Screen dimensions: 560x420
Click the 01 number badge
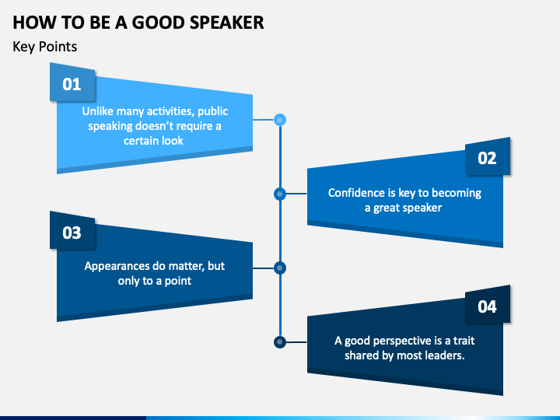pos(72,82)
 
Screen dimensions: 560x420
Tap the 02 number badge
pos(488,156)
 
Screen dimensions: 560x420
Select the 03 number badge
pos(72,231)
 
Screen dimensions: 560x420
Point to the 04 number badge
pos(488,305)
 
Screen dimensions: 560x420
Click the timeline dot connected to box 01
pos(280,120)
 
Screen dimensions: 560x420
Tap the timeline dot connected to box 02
pos(280,194)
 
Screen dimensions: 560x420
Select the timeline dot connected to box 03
pos(280,268)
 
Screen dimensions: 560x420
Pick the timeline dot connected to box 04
pos(280,342)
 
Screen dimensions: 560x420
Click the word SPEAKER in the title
pos(227,23)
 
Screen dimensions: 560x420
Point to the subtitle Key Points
pos(44,47)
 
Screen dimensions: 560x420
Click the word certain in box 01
pos(140,141)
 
